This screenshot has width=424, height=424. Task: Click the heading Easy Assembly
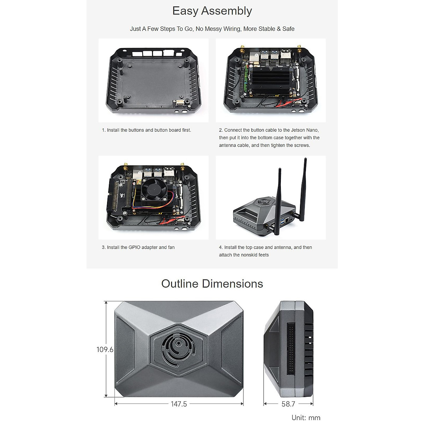212,11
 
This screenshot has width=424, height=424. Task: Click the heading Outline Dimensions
212,284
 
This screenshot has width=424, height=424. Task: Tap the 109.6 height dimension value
105,349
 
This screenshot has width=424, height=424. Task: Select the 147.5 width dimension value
179,404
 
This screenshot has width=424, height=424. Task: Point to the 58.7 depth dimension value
288,404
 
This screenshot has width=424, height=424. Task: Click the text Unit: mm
306,418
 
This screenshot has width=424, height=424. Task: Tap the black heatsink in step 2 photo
270,79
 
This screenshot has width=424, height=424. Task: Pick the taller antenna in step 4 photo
303,187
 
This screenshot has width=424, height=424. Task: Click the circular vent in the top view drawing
179,349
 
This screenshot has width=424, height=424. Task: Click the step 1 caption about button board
147,130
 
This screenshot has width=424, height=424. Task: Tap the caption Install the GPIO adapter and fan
138,247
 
